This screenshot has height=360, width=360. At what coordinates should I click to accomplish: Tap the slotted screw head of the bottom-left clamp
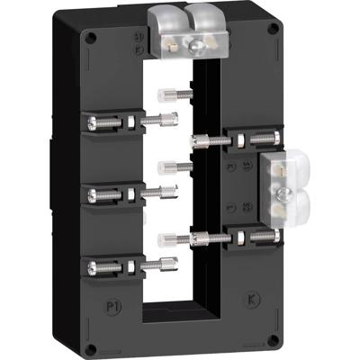tap(93, 265)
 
